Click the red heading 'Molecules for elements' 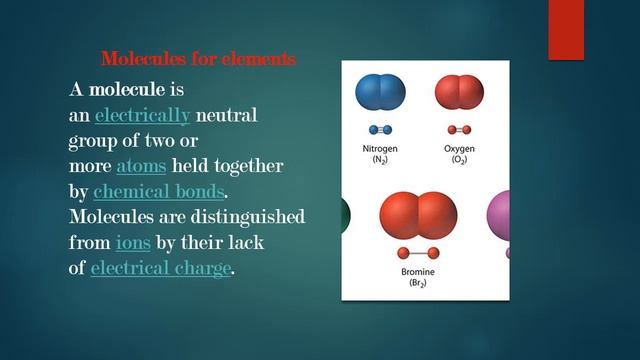[198, 59]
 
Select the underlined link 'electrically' [141, 116]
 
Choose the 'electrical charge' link [160, 268]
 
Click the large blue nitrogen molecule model [381, 92]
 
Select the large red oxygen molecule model [459, 92]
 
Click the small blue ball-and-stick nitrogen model [381, 129]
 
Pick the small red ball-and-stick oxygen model [459, 129]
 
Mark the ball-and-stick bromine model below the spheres [418, 253]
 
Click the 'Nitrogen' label [381, 149]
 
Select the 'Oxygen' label [459, 149]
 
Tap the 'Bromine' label [418, 272]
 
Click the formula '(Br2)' [418, 284]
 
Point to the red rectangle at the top [566, 30]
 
